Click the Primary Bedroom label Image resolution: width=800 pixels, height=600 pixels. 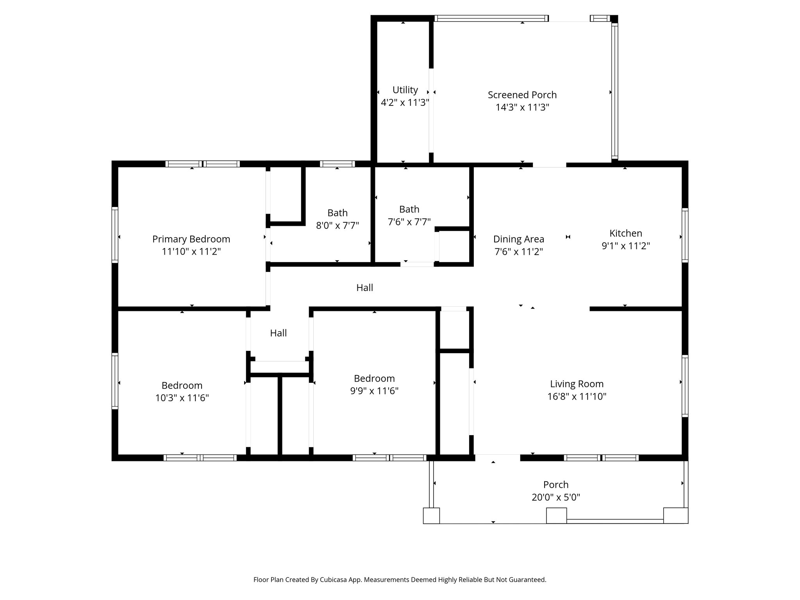191,239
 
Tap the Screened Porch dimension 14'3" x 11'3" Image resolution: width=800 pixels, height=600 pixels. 522,107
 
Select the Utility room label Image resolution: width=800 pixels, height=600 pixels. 405,90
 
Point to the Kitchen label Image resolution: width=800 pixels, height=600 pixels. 625,233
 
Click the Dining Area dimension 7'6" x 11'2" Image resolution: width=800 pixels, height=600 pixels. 519,252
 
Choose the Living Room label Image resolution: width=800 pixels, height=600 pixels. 577,384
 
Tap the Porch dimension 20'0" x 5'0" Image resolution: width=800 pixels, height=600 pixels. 555,497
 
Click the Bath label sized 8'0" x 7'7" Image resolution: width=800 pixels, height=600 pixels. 337,213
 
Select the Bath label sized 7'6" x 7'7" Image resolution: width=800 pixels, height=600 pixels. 409,209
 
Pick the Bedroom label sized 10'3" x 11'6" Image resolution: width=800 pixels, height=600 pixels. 182,386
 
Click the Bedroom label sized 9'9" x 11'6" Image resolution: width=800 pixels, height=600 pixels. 374,379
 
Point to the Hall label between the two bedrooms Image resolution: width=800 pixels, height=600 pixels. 278,333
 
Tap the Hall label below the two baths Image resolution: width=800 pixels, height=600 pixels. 364,288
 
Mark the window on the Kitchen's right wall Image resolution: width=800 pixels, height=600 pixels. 685,236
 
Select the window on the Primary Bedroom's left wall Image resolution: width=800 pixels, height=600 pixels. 115,235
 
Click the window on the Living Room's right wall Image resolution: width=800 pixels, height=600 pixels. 685,386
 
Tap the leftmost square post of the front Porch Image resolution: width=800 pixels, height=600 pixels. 431,516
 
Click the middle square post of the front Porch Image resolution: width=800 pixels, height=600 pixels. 556,516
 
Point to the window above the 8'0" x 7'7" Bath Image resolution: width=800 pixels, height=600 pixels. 337,164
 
